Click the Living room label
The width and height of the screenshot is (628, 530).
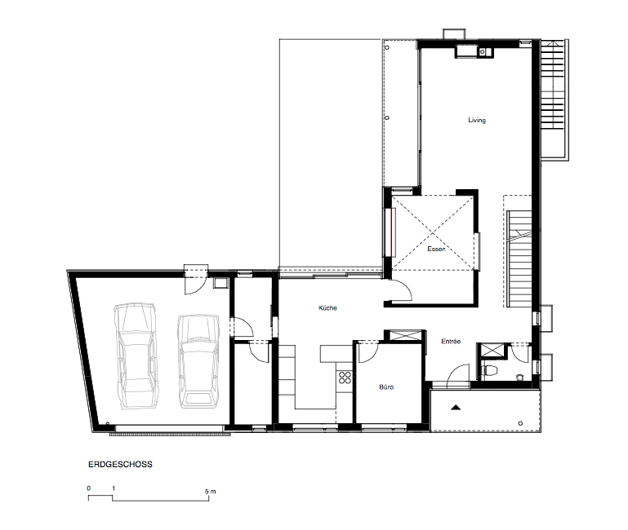coord(477,120)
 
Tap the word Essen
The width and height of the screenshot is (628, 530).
coord(436,249)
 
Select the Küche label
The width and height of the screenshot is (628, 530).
coord(327,307)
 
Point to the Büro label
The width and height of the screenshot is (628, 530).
coord(386,386)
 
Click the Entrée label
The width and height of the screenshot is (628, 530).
coord(451,341)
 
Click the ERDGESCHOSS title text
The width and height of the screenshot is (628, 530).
coord(120,465)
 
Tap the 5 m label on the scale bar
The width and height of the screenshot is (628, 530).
coord(210,492)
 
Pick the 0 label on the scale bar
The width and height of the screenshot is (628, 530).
coord(89,488)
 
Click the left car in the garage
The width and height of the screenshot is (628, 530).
coord(136,356)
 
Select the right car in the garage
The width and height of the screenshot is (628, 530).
coord(198,361)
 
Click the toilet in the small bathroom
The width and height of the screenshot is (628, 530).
coord(489,371)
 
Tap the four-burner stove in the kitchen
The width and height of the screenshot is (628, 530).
coord(345,378)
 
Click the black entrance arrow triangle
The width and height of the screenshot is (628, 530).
coord(456,408)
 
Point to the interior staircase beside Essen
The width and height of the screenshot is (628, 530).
coord(519,258)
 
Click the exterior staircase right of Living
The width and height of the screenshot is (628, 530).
coord(555,100)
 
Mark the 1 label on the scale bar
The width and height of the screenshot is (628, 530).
coord(114,488)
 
